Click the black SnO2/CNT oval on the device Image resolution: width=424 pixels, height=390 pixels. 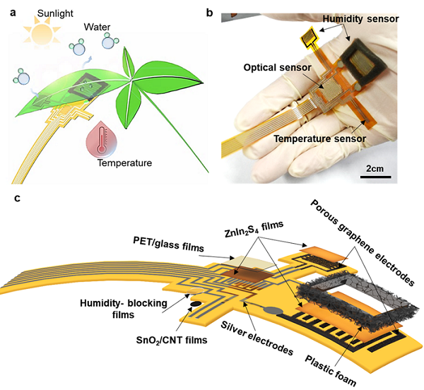pyautogui.click(x=193, y=306)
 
